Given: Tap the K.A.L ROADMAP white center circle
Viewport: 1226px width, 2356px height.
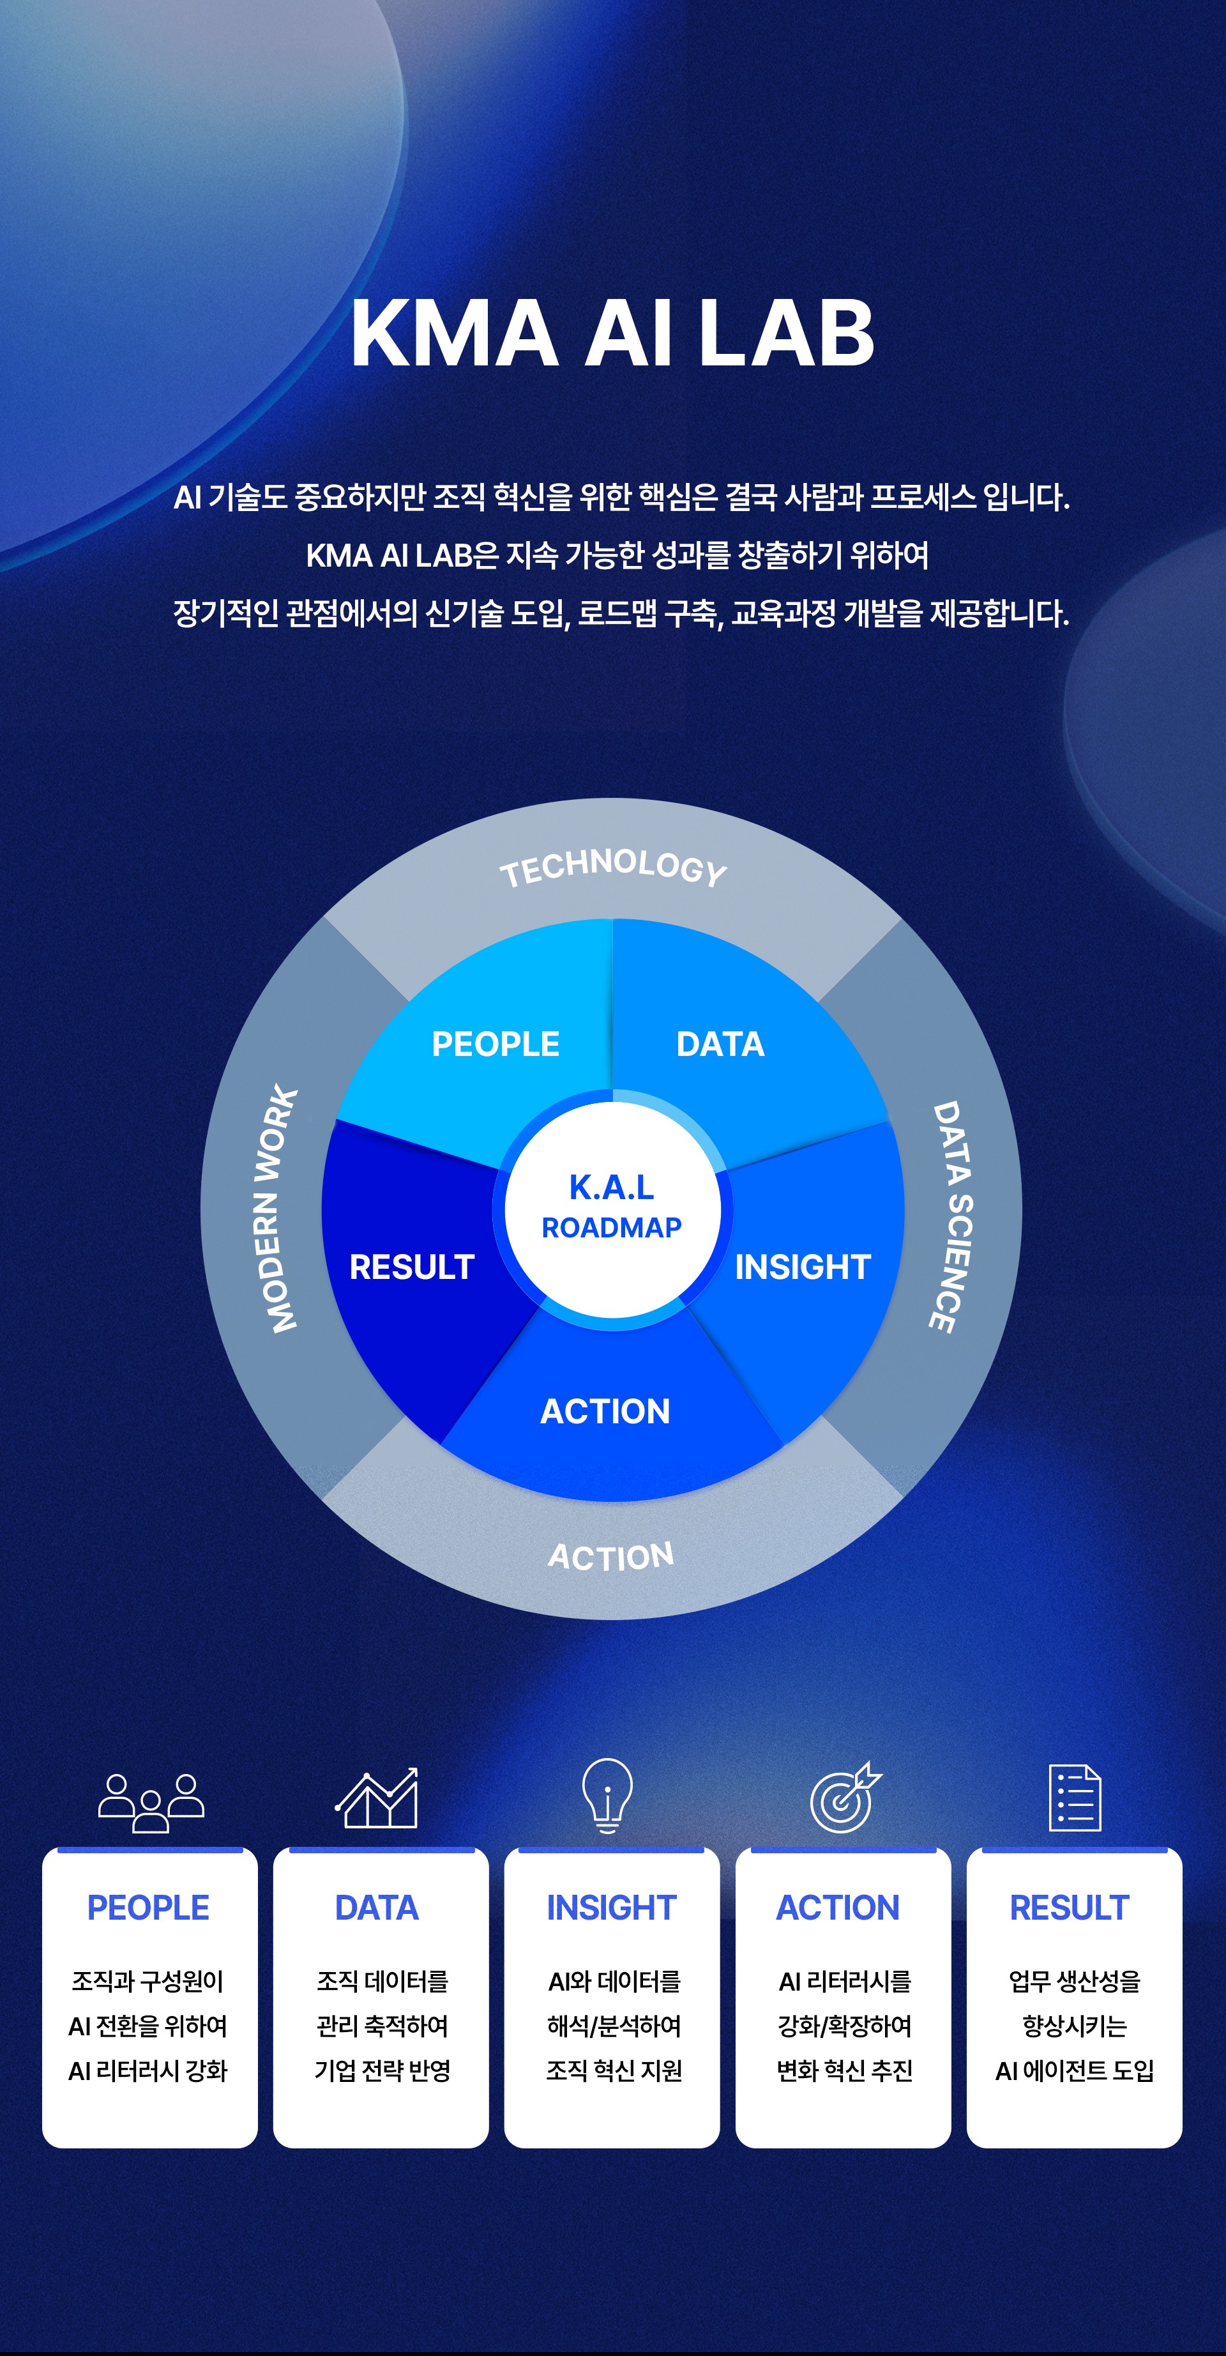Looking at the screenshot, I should pyautogui.click(x=612, y=1208).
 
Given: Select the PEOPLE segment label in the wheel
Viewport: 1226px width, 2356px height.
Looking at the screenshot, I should pyautogui.click(x=496, y=1044).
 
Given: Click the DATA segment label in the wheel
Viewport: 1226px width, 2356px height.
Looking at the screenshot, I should pyautogui.click(x=720, y=1044).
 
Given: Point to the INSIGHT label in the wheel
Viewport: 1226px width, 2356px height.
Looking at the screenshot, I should pyautogui.click(x=803, y=1267).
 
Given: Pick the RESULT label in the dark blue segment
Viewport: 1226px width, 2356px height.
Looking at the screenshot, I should pyautogui.click(x=412, y=1267).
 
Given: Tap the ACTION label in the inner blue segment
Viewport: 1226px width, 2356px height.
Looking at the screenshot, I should pyautogui.click(x=605, y=1411).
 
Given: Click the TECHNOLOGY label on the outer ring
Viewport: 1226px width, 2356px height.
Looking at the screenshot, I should pyautogui.click(x=612, y=867).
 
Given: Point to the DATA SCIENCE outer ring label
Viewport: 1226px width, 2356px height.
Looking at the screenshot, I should pyautogui.click(x=951, y=1216).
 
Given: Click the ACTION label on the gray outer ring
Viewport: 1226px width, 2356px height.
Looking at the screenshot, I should pyautogui.click(x=610, y=1556).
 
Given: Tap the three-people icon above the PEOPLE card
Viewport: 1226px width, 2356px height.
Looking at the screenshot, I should pyautogui.click(x=151, y=1803).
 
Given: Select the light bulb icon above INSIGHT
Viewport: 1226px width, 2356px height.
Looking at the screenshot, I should pyautogui.click(x=607, y=1794).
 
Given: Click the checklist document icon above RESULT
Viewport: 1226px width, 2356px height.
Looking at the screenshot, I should pyautogui.click(x=1075, y=1798).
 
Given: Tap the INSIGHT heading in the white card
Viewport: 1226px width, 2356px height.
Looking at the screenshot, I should pyautogui.click(x=612, y=1908).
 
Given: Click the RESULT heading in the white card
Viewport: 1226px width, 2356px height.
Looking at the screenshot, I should pyautogui.click(x=1070, y=1908).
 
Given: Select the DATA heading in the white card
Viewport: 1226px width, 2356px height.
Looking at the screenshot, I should pyautogui.click(x=377, y=1908).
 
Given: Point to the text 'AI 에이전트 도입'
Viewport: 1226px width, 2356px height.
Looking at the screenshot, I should pyautogui.click(x=1074, y=2070).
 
